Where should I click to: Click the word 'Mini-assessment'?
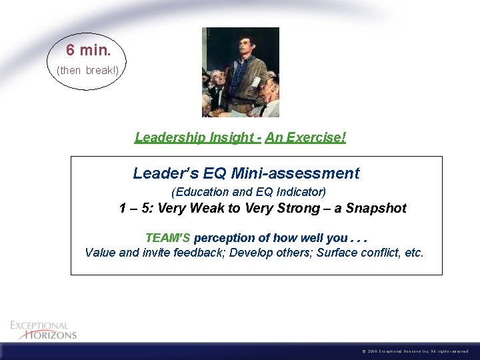(x=295, y=173)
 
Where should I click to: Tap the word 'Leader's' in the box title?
(x=161, y=173)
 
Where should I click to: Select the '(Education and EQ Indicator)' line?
(x=249, y=192)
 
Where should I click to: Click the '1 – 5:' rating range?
(x=137, y=208)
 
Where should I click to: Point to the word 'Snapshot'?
(x=376, y=208)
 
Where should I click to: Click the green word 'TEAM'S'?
(x=168, y=238)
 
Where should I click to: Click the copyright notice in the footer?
(x=417, y=351)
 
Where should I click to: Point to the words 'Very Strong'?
(x=278, y=208)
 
